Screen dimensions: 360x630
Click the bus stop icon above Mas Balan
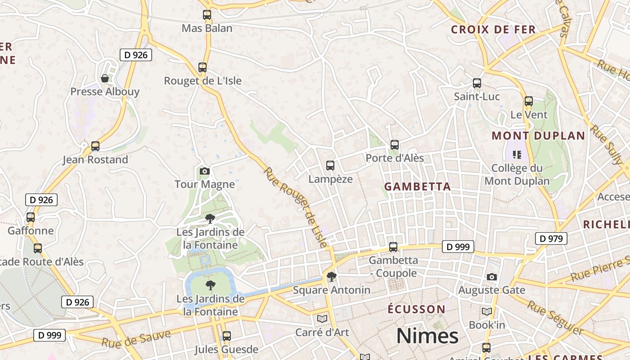207,15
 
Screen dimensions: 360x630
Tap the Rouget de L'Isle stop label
202,81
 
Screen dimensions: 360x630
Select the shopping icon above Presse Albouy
105,78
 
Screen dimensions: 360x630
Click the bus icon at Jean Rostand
95,146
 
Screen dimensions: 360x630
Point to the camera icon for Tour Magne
205,171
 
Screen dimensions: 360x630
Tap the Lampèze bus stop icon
330,166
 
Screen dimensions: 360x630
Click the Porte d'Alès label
395,158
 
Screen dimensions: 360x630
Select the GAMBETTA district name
418,187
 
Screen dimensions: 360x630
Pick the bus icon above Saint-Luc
477,83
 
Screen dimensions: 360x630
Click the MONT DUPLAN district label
538,136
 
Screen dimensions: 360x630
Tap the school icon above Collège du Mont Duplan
517,155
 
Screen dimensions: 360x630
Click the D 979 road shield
551,238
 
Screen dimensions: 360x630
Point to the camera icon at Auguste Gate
492,277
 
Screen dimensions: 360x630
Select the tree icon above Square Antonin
332,276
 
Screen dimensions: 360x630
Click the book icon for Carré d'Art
322,319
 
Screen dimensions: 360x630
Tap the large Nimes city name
427,336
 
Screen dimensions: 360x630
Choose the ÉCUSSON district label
417,310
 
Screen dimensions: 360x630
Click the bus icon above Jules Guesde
227,336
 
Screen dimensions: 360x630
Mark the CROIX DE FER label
493,30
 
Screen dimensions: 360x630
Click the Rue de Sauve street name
136,339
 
